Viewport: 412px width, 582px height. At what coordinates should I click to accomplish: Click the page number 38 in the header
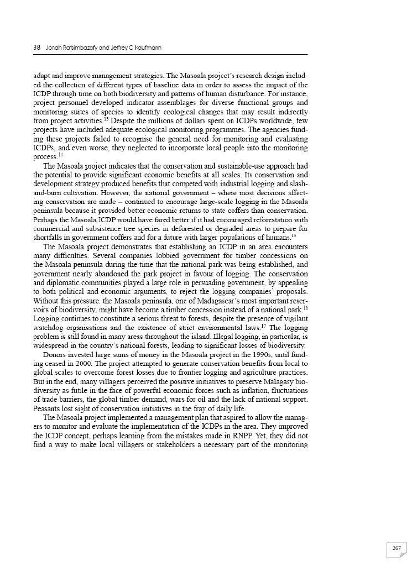coord(36,48)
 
